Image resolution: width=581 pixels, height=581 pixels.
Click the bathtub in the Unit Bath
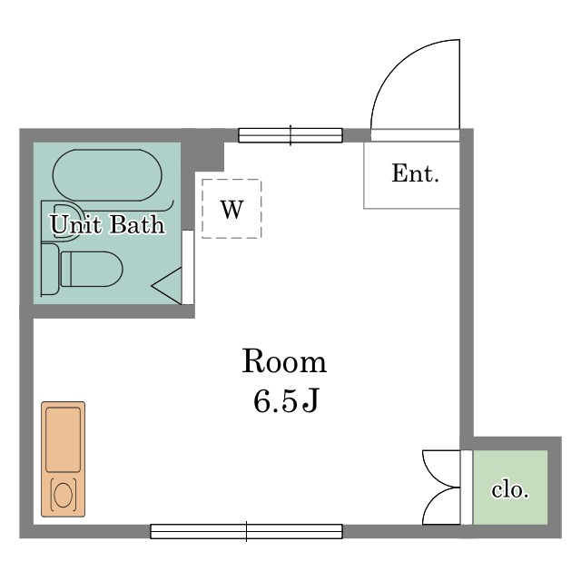click(107, 175)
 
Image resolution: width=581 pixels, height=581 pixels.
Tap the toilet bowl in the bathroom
click(92, 270)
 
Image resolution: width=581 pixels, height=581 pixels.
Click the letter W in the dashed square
click(232, 210)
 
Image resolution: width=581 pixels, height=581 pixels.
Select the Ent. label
click(415, 173)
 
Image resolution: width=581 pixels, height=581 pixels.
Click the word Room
click(284, 361)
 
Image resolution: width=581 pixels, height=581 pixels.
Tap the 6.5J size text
click(286, 401)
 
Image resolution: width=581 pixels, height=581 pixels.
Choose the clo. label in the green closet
click(510, 490)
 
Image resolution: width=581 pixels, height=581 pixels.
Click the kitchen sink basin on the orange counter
click(63, 439)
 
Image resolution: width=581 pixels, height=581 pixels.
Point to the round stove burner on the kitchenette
click(63, 495)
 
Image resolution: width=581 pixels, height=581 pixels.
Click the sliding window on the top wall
click(290, 135)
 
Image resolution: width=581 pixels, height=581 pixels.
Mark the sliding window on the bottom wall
click(246, 531)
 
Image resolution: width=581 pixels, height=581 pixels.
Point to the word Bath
click(137, 224)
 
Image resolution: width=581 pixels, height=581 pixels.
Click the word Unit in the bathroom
click(76, 224)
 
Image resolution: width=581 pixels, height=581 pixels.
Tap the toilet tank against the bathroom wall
click(50, 270)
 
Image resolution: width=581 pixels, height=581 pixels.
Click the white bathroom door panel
click(188, 267)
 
